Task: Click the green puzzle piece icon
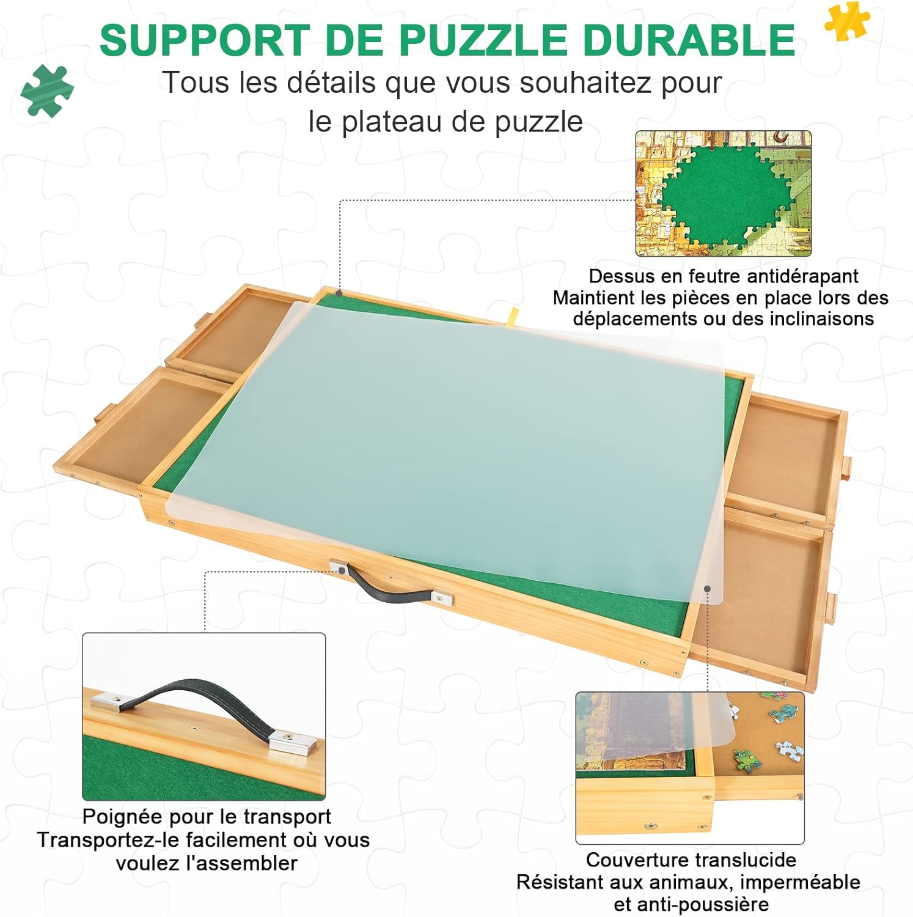tap(47, 90)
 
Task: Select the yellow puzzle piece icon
tap(847, 20)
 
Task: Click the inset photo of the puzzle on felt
tap(723, 193)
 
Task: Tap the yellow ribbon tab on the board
tap(512, 315)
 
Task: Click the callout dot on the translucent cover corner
tap(707, 589)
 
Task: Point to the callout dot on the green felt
tap(339, 294)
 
